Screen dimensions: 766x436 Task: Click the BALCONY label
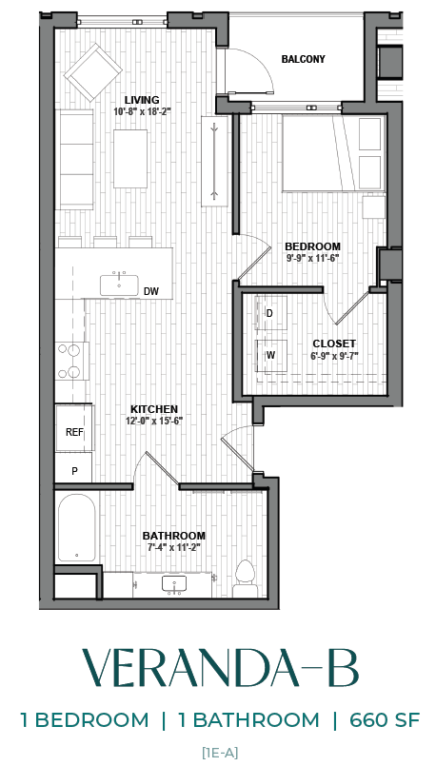pyautogui.click(x=303, y=59)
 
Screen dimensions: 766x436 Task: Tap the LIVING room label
pyautogui.click(x=142, y=99)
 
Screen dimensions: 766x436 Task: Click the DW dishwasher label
pyautogui.click(x=150, y=291)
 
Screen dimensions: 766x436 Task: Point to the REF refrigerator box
pyautogui.click(x=73, y=432)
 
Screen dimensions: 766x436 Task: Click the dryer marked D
pyautogui.click(x=270, y=314)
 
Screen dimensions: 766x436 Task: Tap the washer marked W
pyautogui.click(x=270, y=355)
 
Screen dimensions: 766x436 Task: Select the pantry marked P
pyautogui.click(x=73, y=470)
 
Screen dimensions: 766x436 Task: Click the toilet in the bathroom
pyautogui.click(x=245, y=577)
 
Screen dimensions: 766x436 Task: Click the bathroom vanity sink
pyautogui.click(x=173, y=582)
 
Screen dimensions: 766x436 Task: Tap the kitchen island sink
pyautogui.click(x=119, y=280)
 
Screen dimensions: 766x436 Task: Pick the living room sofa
pyautogui.click(x=75, y=157)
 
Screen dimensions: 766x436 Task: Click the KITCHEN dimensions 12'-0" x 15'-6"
pyautogui.click(x=155, y=421)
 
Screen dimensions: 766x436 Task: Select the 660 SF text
pyautogui.click(x=378, y=719)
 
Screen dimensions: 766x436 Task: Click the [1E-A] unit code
pyautogui.click(x=219, y=753)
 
